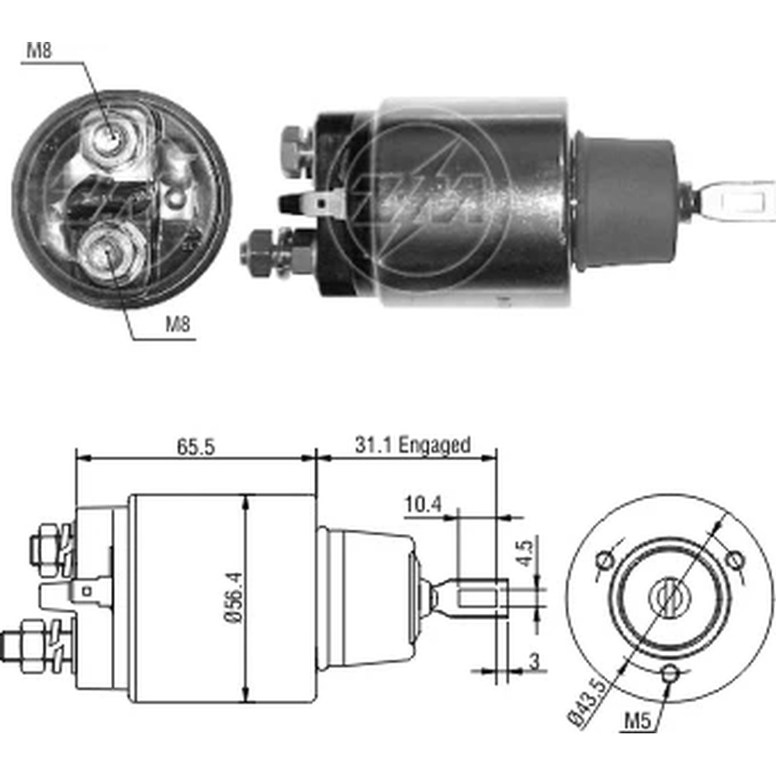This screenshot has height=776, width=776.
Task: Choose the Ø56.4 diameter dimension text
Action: (x=231, y=597)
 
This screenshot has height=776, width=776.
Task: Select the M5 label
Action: (x=637, y=721)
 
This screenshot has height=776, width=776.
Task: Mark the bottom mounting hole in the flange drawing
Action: (x=672, y=674)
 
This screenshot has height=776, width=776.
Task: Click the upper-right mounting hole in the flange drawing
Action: (x=733, y=558)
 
